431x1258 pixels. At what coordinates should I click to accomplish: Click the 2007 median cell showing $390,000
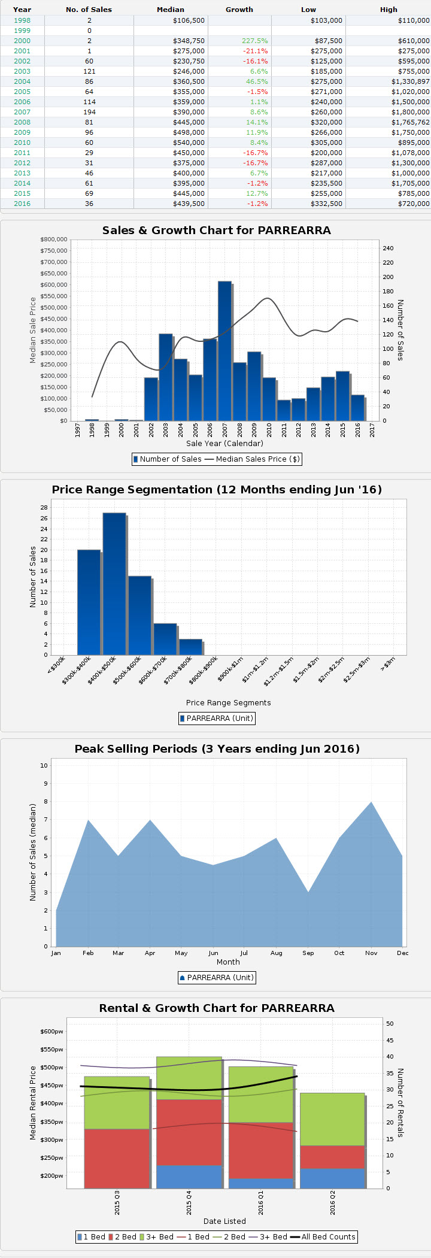(x=189, y=112)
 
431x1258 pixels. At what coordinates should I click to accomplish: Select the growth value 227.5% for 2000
(x=254, y=41)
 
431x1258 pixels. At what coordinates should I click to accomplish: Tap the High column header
(x=388, y=10)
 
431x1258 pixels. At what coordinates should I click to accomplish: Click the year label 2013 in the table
(x=22, y=173)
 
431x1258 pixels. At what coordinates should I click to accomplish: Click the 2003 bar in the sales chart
(x=166, y=377)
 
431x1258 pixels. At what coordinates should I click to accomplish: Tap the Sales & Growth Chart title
(x=216, y=231)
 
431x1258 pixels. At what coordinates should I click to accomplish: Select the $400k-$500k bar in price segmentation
(x=114, y=584)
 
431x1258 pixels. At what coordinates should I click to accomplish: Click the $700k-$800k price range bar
(x=190, y=647)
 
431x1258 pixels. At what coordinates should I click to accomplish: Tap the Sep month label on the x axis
(x=308, y=953)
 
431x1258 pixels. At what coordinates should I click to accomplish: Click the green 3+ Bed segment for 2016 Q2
(x=332, y=1119)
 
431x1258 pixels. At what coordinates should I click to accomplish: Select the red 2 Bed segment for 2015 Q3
(x=117, y=1158)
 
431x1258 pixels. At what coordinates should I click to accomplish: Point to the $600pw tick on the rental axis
(x=51, y=1032)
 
